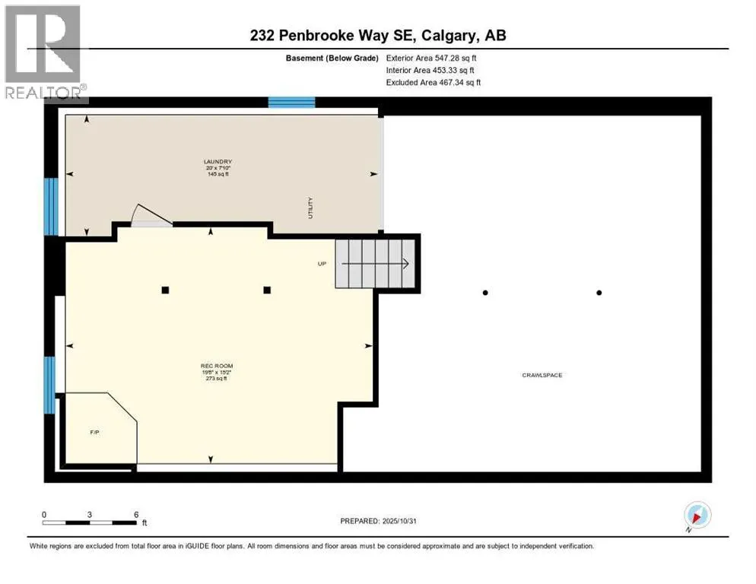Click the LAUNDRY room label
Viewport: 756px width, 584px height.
217,161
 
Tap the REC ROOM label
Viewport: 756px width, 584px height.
217,366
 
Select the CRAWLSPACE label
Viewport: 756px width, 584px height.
542,375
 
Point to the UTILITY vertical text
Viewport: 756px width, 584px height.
310,208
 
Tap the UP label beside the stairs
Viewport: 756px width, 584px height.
322,264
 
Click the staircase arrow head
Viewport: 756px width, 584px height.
406,264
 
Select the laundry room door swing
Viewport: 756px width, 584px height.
148,216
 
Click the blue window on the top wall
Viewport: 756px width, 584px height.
291,103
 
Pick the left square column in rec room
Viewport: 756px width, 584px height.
165,290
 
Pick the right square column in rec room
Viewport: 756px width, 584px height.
268,290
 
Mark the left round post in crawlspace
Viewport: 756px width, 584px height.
485,292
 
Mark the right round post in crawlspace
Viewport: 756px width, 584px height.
599,292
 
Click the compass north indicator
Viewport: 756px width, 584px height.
697,516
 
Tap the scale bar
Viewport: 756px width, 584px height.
90,522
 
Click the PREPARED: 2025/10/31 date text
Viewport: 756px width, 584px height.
378,521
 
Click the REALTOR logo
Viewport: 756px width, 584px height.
44,52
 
